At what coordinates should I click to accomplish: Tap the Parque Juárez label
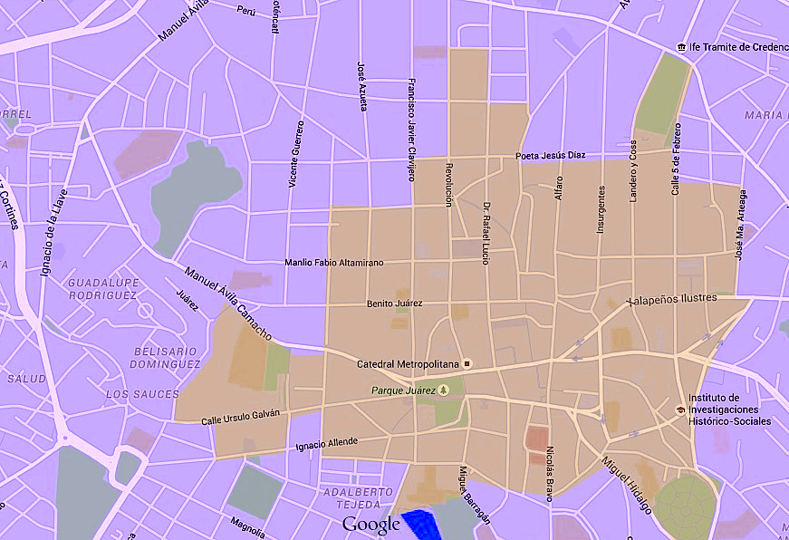pos(403,391)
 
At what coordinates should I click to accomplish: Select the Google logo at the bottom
pos(370,525)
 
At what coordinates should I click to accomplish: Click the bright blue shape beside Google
pos(418,524)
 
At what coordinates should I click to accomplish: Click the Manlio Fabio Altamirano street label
pos(333,263)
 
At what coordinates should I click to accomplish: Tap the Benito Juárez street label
pos(394,304)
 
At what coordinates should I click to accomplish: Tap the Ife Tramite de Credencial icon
pos(681,47)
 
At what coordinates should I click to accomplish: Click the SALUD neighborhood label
pos(26,378)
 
